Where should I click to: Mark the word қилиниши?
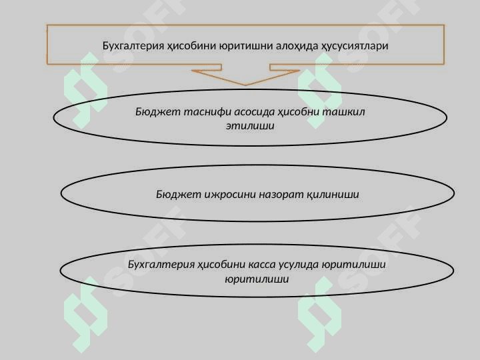333,195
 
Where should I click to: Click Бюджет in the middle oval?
175,195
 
